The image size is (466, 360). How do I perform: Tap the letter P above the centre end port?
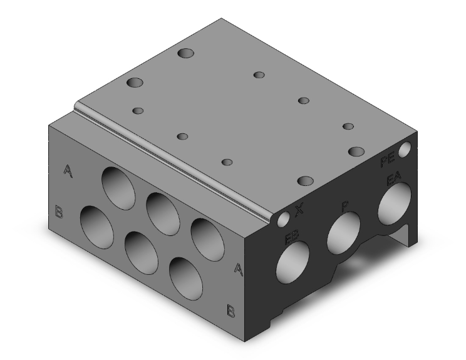tap(344, 206)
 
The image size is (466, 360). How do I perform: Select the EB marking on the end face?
tap(292, 237)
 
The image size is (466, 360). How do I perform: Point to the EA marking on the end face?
tap(394, 181)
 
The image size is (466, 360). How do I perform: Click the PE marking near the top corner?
tap(388, 163)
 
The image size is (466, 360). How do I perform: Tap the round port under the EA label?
tap(394, 205)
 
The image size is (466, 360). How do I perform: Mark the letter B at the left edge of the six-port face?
tap(59, 212)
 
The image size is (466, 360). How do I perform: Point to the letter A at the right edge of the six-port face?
tap(238, 269)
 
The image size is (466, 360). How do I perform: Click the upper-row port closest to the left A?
tap(119, 187)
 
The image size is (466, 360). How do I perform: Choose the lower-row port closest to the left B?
tap(97, 227)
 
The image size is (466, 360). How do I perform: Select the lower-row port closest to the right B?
tap(187, 277)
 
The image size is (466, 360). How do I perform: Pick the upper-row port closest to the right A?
tap(208, 239)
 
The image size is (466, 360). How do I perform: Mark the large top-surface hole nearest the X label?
tap(305, 181)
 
